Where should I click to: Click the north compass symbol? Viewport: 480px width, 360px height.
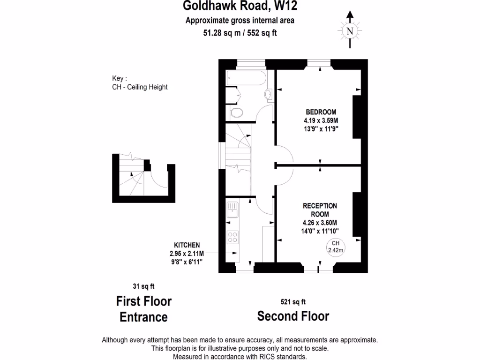[x=349, y=31]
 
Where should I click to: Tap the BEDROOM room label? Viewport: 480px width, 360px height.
[x=321, y=112]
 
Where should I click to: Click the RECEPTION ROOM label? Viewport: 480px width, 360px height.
[x=320, y=210]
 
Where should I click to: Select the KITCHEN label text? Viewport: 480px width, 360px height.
[x=187, y=245]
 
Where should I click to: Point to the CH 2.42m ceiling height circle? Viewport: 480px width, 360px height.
[x=336, y=247]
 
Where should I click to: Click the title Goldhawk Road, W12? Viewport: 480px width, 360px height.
[x=240, y=6]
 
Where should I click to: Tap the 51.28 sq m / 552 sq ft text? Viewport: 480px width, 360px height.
[x=240, y=33]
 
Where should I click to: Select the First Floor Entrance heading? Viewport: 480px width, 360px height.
[x=143, y=308]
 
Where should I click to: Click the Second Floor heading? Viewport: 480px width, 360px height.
[x=293, y=316]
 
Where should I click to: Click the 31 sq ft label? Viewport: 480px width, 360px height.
[x=143, y=286]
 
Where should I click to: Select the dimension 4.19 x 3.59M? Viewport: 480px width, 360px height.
[x=321, y=120]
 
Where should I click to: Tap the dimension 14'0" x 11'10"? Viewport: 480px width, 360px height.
[x=321, y=231]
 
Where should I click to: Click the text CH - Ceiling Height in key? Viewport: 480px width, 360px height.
[x=140, y=87]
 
